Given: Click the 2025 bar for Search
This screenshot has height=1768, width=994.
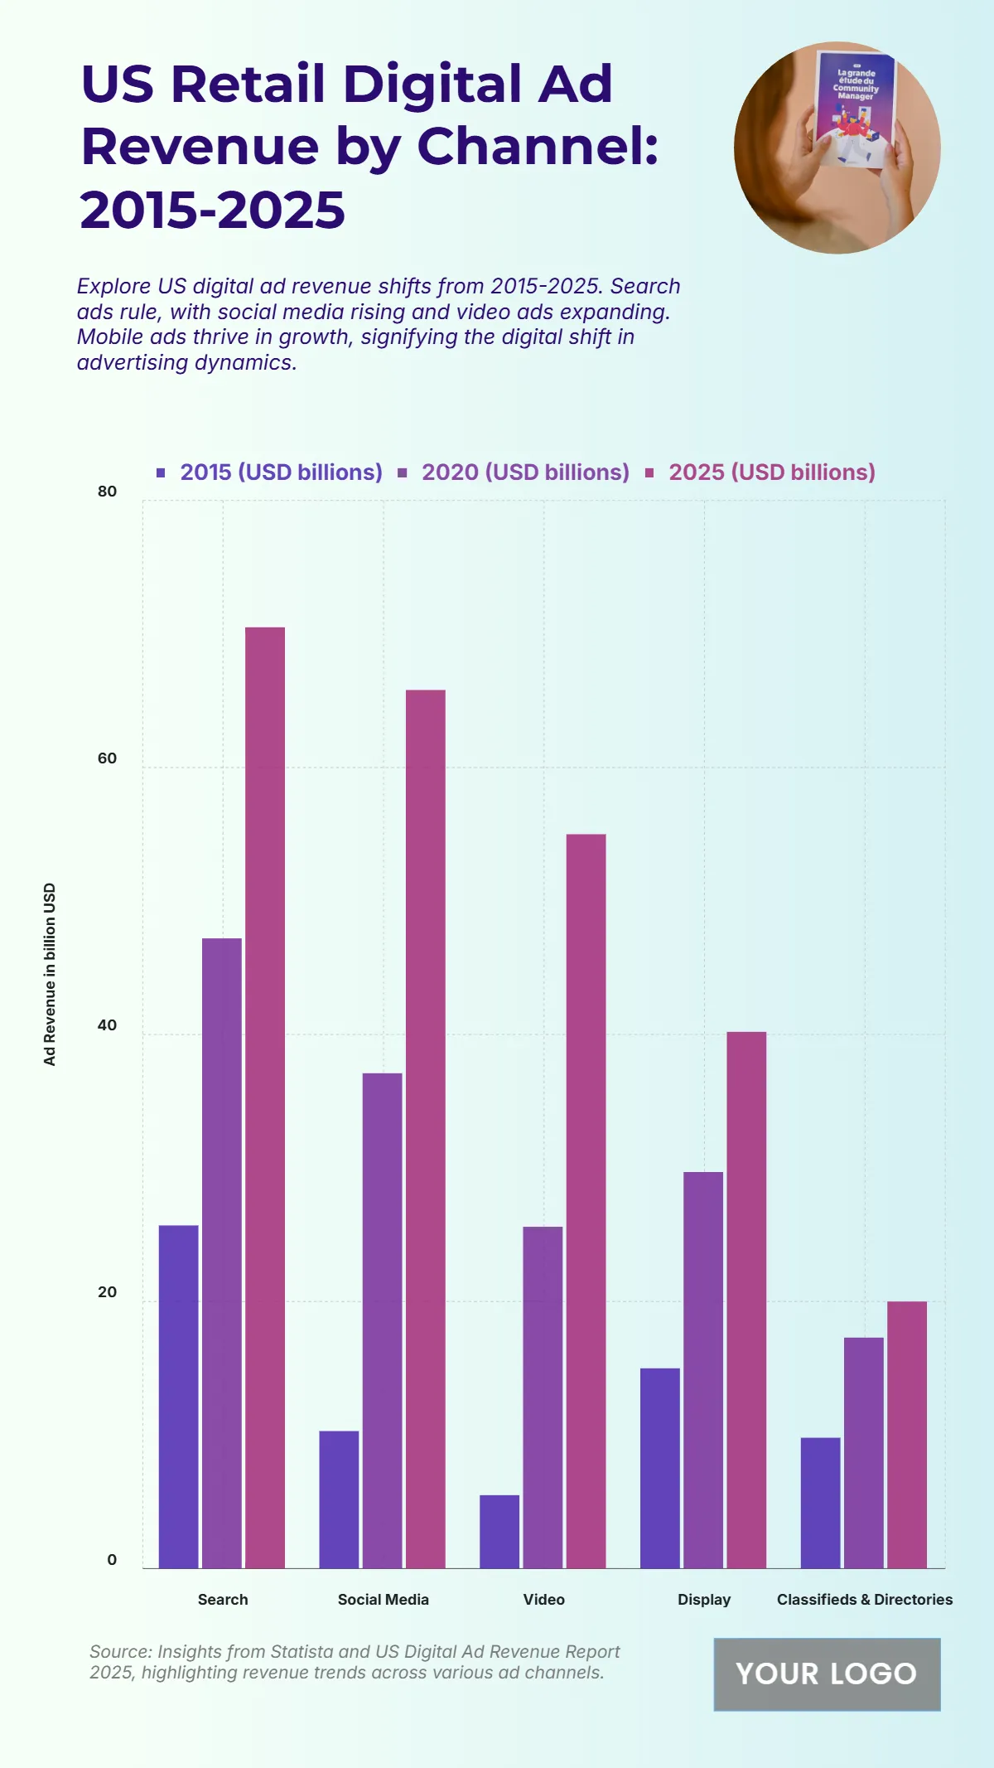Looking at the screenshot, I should coord(265,1097).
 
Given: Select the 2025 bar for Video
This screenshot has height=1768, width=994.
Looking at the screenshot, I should coord(586,1201).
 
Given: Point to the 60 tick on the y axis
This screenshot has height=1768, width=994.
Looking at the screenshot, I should coord(108,758).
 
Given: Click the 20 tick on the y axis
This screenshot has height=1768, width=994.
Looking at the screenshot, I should coord(108,1292).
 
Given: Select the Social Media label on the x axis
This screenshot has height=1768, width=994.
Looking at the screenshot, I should coord(384,1599).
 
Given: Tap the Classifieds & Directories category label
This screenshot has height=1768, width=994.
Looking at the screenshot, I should coord(864,1599).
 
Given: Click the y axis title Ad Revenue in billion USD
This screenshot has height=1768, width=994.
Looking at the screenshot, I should coord(50,974).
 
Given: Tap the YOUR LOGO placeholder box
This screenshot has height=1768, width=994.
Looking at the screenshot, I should coord(827,1674).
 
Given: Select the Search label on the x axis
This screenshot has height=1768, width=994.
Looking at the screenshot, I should coord(223,1599).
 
